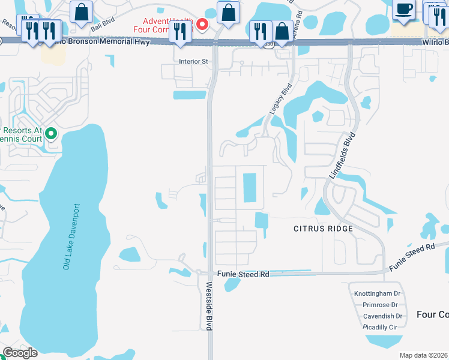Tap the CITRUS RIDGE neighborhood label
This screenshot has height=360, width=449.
click(322, 229)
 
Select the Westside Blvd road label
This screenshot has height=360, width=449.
click(209, 305)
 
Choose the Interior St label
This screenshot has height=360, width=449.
click(193, 61)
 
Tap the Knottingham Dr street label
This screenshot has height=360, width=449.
click(376, 293)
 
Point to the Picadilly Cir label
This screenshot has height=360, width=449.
click(380, 327)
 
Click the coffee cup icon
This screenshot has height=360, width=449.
click(403, 8)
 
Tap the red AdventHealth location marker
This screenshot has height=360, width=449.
click(203, 25)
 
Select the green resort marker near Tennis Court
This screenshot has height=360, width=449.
click(52, 133)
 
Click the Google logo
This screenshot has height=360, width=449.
click(20, 353)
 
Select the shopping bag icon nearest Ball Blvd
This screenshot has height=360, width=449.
click(81, 11)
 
